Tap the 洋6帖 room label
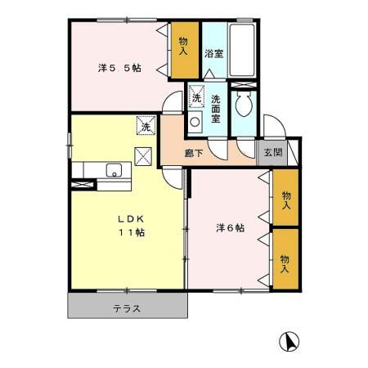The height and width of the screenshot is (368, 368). (x=230, y=227)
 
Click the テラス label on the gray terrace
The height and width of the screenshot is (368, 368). (x=127, y=308)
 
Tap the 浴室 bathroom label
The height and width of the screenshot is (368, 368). (x=214, y=54)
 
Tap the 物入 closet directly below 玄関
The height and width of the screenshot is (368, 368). (x=285, y=200)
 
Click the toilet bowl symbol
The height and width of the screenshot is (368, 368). (x=244, y=104)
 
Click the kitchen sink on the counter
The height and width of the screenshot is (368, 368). (x=113, y=170)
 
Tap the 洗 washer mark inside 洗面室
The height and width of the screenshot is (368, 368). (x=196, y=98)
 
